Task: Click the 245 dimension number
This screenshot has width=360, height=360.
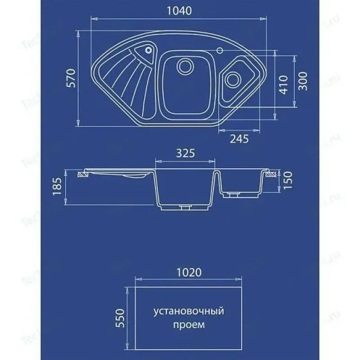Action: (239, 139)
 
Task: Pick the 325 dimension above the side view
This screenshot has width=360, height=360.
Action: (185, 153)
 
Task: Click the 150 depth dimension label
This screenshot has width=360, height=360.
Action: (288, 180)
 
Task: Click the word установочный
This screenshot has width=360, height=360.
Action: (189, 311)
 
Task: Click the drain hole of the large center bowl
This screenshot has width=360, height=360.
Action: (184, 66)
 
